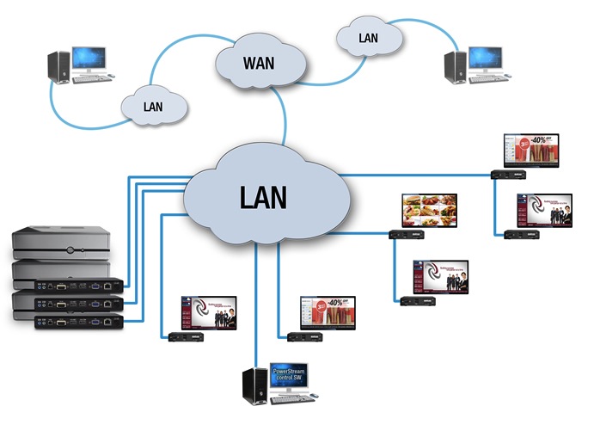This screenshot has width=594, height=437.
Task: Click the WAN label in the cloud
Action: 260,63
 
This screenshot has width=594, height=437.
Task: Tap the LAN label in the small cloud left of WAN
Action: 154,107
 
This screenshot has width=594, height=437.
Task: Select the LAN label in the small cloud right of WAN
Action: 368,38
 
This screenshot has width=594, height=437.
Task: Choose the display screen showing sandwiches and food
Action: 430,210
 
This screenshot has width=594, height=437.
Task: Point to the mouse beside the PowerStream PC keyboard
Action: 314,396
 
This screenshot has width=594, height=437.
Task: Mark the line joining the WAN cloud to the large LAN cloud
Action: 285,116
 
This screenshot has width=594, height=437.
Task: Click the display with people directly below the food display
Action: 441,275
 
